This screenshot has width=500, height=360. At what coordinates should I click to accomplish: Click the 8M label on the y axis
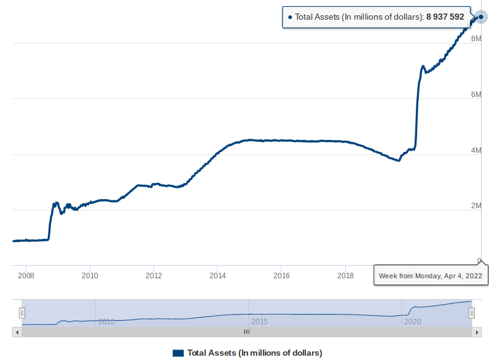tap(475, 38)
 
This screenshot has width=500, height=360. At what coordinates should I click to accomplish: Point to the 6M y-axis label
tap(475, 94)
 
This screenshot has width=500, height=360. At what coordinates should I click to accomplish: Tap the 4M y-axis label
tap(475, 150)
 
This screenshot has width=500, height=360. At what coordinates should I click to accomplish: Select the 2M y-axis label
tap(475, 206)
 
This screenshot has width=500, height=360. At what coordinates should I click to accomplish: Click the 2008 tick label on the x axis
tap(26, 275)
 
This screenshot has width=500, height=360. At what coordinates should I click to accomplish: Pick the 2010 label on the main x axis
tap(90, 275)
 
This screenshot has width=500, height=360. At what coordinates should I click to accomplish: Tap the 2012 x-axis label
tap(154, 275)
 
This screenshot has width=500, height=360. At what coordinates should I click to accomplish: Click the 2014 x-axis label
tap(217, 275)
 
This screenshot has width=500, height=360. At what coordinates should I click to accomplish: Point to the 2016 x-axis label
tap(281, 275)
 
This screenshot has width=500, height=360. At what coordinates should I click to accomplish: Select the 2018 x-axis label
tap(345, 275)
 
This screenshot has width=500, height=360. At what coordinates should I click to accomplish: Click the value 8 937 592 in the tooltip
tap(445, 17)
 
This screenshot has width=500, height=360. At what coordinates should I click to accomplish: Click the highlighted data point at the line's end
tap(481, 17)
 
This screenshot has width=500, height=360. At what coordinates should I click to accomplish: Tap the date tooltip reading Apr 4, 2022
tap(431, 276)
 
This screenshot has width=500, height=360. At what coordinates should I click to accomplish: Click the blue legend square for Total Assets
tap(178, 353)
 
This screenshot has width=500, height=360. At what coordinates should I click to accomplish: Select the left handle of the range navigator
tap(22, 313)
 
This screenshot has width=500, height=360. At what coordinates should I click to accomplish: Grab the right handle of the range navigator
tap(472, 313)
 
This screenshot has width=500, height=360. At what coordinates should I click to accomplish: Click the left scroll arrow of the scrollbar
tap(17, 332)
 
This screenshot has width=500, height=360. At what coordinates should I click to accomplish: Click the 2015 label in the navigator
tap(259, 321)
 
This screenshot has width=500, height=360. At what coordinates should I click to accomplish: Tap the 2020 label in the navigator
tap(412, 321)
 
